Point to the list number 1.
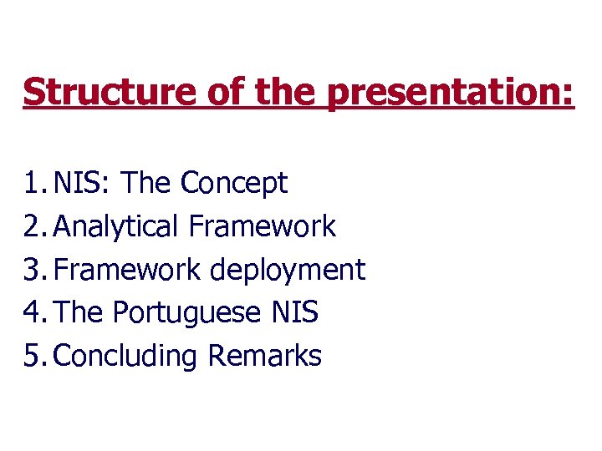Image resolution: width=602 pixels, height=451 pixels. [33, 183]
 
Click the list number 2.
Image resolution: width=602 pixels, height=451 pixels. [33, 226]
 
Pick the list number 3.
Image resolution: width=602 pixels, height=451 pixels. [33, 270]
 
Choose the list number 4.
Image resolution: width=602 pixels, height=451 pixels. [33, 313]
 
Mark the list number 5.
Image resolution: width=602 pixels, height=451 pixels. [33, 357]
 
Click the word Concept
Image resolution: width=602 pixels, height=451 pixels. [234, 183]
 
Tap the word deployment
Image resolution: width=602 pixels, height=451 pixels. [288, 271]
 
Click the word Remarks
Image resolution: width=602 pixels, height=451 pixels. [264, 357]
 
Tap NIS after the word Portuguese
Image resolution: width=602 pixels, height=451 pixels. [295, 313]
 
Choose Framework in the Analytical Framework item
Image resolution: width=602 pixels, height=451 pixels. [263, 226]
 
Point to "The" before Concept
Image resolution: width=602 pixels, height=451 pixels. [147, 183]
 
